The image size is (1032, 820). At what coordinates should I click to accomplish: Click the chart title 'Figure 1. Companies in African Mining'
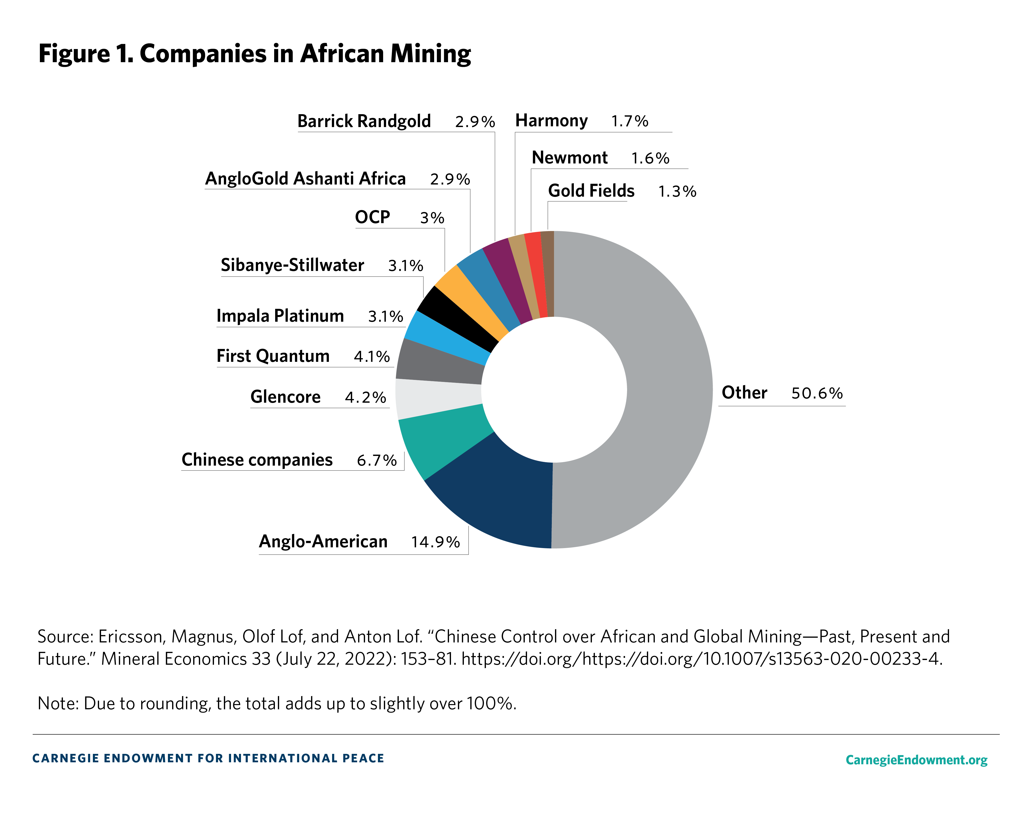pyautogui.click(x=255, y=53)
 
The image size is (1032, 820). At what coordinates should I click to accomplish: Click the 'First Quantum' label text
pyautogui.click(x=273, y=356)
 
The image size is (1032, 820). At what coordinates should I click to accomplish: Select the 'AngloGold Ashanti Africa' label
pyautogui.click(x=305, y=179)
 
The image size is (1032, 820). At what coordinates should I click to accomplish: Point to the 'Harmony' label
pyautogui.click(x=552, y=121)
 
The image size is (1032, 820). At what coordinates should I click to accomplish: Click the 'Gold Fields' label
pyautogui.click(x=591, y=190)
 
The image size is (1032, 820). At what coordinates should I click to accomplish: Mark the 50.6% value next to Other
pyautogui.click(x=817, y=393)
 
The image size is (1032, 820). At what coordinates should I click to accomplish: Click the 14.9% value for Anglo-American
pyautogui.click(x=435, y=542)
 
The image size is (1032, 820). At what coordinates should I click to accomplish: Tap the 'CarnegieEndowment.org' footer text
pyautogui.click(x=916, y=760)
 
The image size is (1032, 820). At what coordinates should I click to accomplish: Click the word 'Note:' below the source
pyautogui.click(x=58, y=703)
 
